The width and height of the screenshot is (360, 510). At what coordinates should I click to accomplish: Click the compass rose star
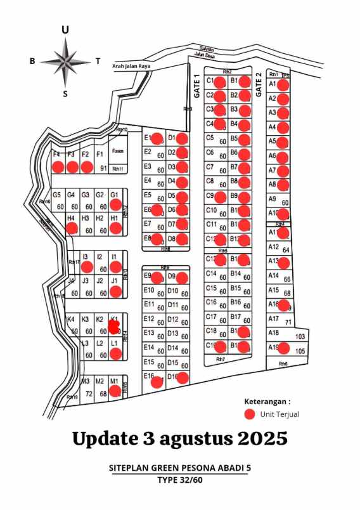click(65, 62)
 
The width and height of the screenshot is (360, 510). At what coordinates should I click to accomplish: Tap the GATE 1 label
click(197, 85)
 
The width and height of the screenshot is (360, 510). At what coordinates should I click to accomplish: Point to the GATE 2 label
click(259, 84)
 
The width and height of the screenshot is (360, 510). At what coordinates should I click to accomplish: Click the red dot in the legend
click(250, 414)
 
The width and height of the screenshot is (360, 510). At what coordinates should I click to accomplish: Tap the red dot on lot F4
click(58, 167)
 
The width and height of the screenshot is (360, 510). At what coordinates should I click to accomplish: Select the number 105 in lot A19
click(300, 351)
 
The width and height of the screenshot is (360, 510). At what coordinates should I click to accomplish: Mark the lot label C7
click(210, 167)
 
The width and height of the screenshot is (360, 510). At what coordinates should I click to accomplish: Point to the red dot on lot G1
click(116, 205)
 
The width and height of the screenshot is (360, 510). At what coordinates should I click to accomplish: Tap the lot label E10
click(149, 291)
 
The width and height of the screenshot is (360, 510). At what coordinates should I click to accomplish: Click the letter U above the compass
click(65, 30)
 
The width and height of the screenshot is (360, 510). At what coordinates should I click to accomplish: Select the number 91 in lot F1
click(104, 168)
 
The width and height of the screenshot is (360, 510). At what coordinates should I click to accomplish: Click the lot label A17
click(273, 318)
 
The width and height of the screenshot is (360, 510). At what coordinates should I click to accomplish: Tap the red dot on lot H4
click(72, 228)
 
